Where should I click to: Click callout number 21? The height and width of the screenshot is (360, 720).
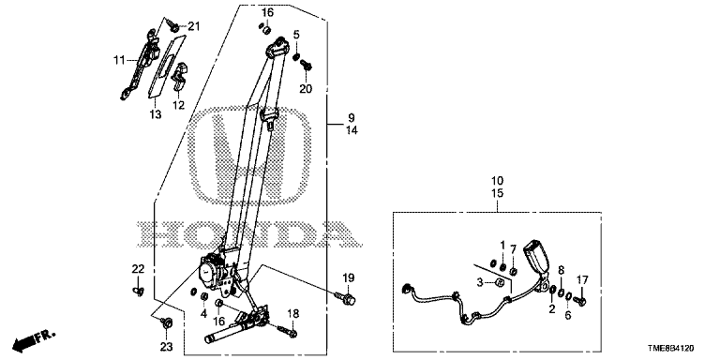tap(194, 26)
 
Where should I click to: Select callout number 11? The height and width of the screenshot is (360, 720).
tap(119, 60)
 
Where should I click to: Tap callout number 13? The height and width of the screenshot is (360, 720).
tap(156, 114)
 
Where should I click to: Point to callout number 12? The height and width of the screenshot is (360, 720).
tap(178, 105)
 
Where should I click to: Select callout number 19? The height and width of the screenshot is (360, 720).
tap(349, 277)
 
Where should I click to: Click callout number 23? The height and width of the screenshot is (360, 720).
tap(166, 347)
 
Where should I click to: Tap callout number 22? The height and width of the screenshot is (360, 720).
tap(138, 269)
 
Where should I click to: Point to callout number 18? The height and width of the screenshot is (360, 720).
tap(292, 314)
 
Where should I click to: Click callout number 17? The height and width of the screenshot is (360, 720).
tap(582, 279)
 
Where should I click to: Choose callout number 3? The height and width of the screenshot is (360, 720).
tap(480, 283)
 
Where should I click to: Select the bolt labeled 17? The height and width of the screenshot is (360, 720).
tap(580, 301)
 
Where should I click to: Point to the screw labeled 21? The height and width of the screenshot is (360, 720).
tap(173, 26)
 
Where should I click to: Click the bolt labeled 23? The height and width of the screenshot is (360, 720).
tap(167, 322)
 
